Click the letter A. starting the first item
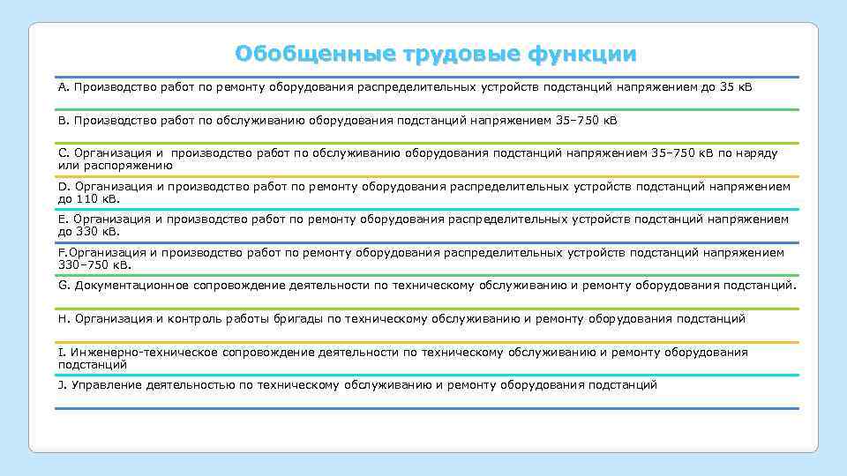(x=64, y=88)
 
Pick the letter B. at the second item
(x=64, y=120)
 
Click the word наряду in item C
(x=758, y=153)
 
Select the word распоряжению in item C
(x=129, y=165)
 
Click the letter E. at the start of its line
(x=64, y=219)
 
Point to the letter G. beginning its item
(x=64, y=286)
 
